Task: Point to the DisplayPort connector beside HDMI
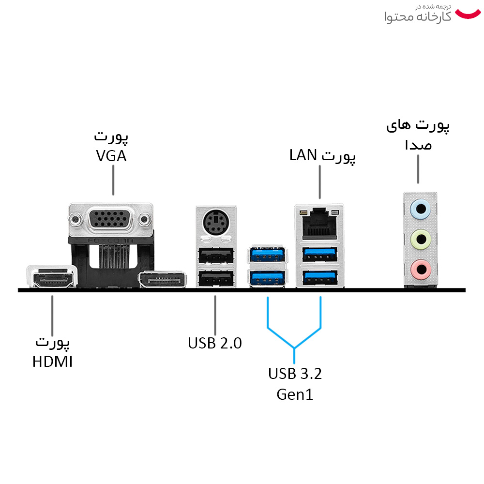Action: [163, 280]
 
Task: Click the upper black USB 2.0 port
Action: [216, 255]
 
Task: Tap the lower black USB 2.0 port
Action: [216, 278]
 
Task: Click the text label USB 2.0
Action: [214, 343]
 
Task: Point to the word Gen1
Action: [295, 394]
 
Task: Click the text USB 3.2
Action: [295, 374]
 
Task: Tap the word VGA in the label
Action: [111, 156]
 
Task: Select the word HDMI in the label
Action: [52, 361]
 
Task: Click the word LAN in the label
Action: [303, 155]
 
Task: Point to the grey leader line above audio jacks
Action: [418, 169]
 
